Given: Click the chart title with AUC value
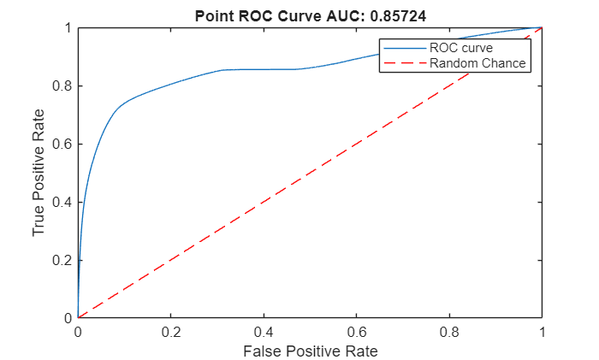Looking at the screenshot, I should click(x=309, y=15).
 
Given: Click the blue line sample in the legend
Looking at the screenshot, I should click(x=404, y=48).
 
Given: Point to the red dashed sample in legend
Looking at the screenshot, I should click(x=404, y=62).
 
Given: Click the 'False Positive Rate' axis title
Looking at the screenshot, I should click(x=310, y=351).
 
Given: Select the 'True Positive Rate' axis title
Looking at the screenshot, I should click(x=39, y=173).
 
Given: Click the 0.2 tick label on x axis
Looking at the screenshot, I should click(x=170, y=332).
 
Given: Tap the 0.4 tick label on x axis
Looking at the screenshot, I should click(x=264, y=332).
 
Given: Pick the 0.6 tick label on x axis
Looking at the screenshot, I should click(x=356, y=332).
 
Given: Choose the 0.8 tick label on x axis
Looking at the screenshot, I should click(x=449, y=332).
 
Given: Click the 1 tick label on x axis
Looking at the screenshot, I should click(x=542, y=332).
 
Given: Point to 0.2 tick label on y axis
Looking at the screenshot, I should click(x=62, y=260).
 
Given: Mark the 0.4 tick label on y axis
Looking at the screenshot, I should click(x=62, y=202).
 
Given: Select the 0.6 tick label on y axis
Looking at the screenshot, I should click(x=62, y=144).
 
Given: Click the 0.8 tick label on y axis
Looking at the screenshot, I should click(x=62, y=86).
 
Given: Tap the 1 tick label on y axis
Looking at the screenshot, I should click(x=67, y=28).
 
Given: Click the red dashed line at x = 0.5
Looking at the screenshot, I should click(x=310, y=173).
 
